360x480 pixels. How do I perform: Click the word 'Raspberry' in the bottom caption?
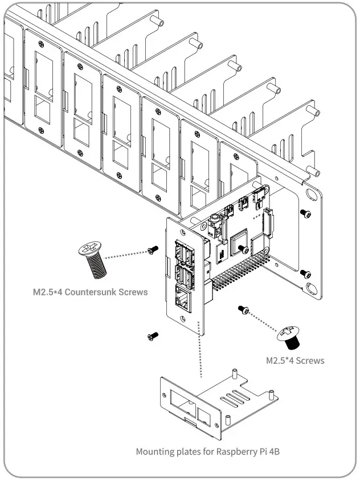coord(238,452)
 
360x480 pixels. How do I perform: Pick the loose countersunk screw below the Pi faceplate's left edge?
coord(151,337)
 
